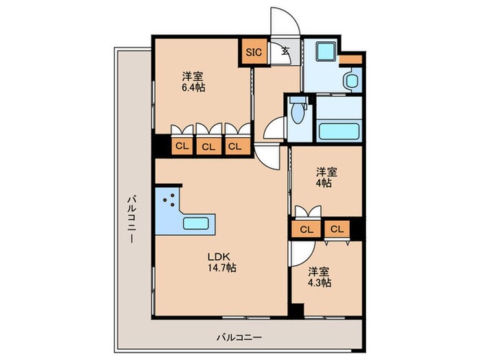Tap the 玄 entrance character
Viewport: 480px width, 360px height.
pyautogui.click(x=284, y=50)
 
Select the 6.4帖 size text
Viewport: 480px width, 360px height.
pyautogui.click(x=194, y=87)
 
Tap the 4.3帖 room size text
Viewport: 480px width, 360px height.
pyautogui.click(x=320, y=282)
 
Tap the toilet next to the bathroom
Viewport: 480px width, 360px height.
pyautogui.click(x=297, y=112)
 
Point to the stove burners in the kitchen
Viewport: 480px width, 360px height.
pyautogui.click(x=169, y=204)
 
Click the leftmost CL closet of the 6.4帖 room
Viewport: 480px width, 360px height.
pyautogui.click(x=182, y=145)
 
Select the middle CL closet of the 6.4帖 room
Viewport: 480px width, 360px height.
pyautogui.click(x=208, y=145)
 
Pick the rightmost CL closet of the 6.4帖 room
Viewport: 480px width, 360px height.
pyautogui.click(x=235, y=145)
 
